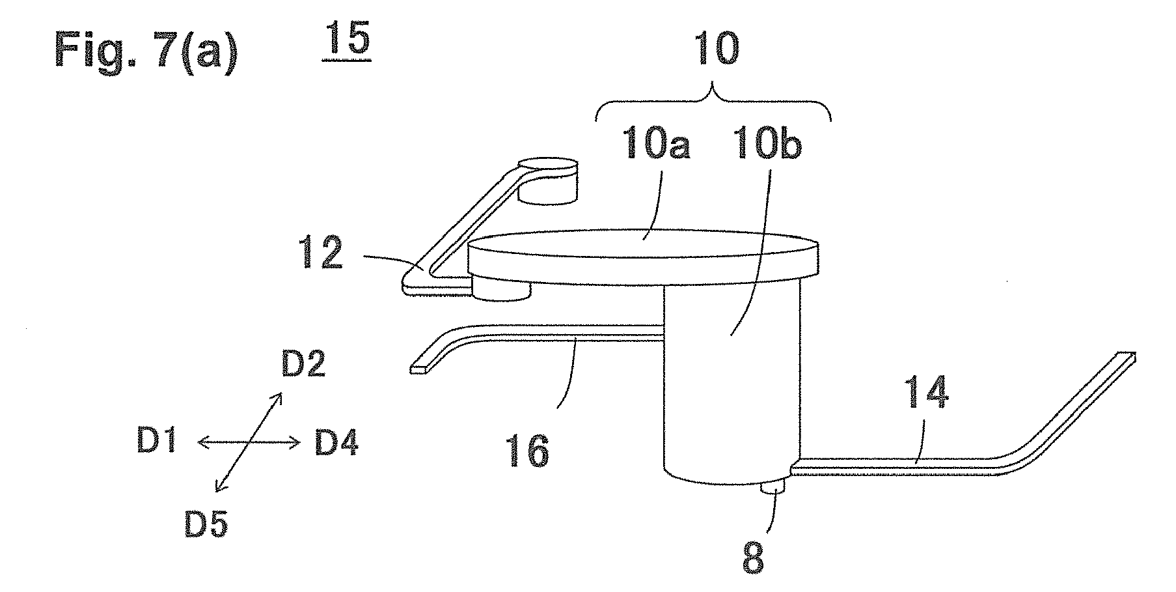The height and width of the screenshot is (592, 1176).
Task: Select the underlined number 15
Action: [x=346, y=42]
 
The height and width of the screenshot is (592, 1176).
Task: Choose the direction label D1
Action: [x=156, y=444]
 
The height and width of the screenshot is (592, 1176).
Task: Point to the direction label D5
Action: [x=206, y=523]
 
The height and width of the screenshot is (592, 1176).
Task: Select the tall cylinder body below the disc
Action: [x=731, y=384]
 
